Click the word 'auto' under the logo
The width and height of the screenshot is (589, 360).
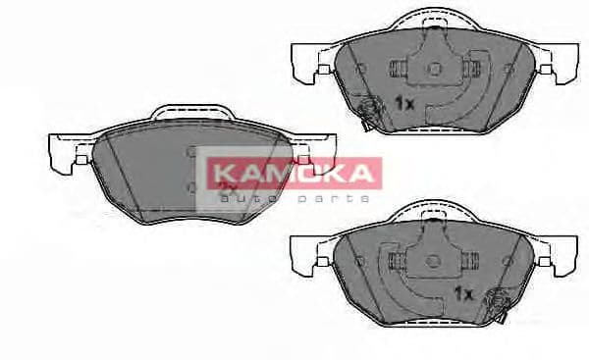tap(241, 199)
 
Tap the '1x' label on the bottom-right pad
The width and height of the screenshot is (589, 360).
tap(463, 293)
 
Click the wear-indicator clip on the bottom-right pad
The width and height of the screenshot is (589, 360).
tap(495, 301)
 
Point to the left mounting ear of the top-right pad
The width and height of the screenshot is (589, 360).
tap(306, 61)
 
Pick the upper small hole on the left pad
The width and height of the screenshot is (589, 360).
tap(192, 152)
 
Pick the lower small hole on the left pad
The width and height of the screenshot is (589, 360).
tap(192, 185)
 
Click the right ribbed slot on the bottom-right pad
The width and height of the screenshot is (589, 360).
tap(470, 259)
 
